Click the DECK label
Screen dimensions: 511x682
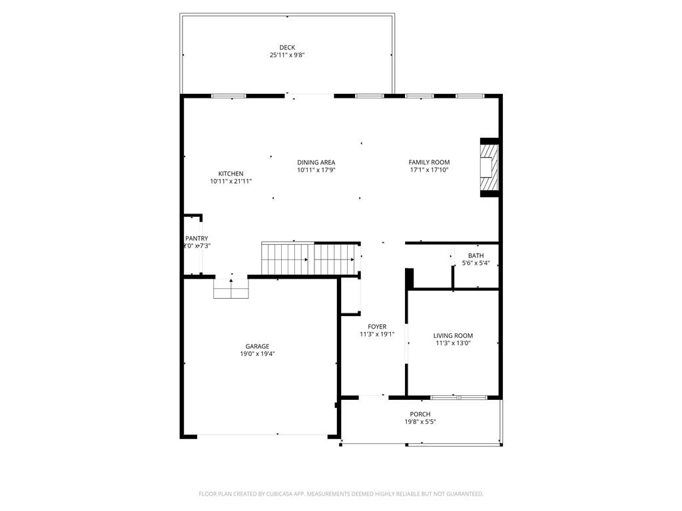point(287,47)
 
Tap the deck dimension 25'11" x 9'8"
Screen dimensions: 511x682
point(287,55)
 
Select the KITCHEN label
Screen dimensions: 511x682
point(230,174)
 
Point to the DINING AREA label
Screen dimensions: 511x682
point(316,162)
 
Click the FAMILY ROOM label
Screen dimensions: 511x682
point(429,162)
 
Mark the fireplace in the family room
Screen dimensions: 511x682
point(490,168)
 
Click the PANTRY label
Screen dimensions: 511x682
point(196,238)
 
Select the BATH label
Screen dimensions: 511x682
point(476,255)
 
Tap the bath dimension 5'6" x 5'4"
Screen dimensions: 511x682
point(476,263)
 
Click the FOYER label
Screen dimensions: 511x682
point(377,327)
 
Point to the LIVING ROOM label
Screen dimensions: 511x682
point(453,336)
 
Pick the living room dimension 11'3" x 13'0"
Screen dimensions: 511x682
point(453,344)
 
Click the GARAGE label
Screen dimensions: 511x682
point(257,347)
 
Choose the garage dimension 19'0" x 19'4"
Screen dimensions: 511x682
point(257,355)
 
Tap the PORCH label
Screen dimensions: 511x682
point(420,415)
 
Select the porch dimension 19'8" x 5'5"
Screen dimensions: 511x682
point(420,423)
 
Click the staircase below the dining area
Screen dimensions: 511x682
point(310,258)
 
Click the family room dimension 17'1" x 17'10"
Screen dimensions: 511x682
point(429,170)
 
